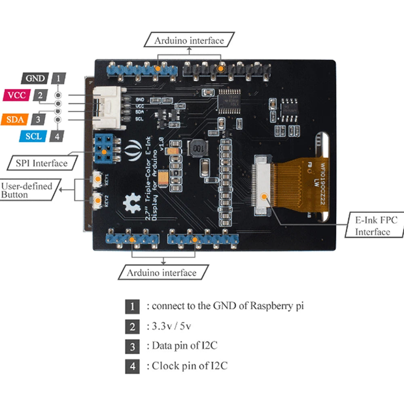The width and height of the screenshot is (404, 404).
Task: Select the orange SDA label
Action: pyautogui.click(x=15, y=120)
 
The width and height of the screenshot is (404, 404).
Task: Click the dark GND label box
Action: pyautogui.click(x=36, y=78)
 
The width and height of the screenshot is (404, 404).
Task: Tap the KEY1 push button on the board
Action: pyautogui.click(x=98, y=178)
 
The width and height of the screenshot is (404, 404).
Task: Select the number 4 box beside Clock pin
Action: pyautogui.click(x=133, y=367)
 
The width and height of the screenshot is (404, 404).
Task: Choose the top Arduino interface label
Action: pyautogui.click(x=189, y=41)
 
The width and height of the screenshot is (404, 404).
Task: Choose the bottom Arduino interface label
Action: pyautogui.click(x=162, y=273)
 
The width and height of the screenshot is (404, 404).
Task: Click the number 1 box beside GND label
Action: pyautogui.click(x=59, y=78)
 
